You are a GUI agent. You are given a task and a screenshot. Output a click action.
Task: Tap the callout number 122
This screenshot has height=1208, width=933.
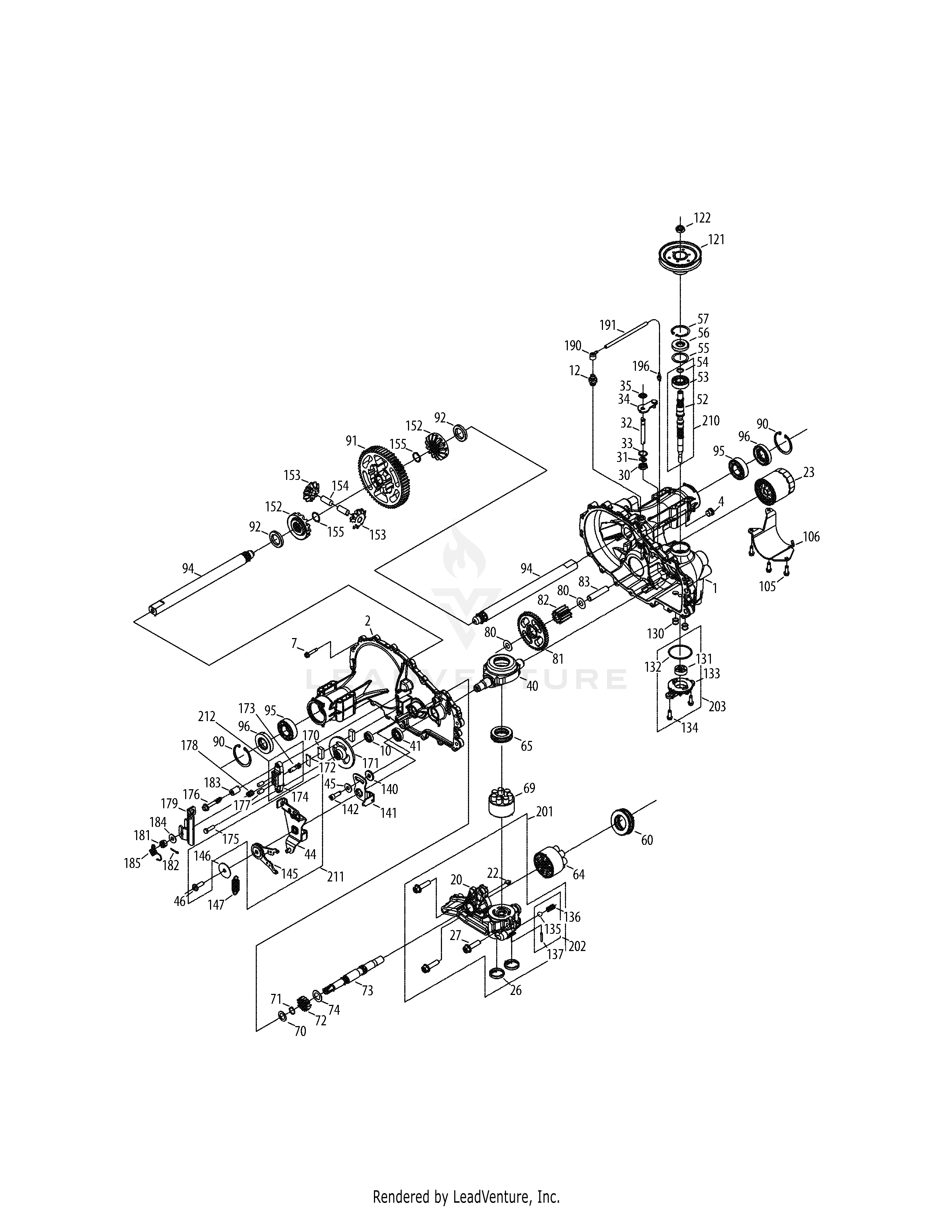(x=702, y=218)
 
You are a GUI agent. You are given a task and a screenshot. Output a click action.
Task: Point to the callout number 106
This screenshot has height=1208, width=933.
(x=811, y=537)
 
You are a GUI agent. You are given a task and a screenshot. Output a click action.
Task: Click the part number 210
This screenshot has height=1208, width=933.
(x=711, y=421)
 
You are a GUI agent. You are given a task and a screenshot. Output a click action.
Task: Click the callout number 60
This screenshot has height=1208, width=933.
(x=647, y=840)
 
